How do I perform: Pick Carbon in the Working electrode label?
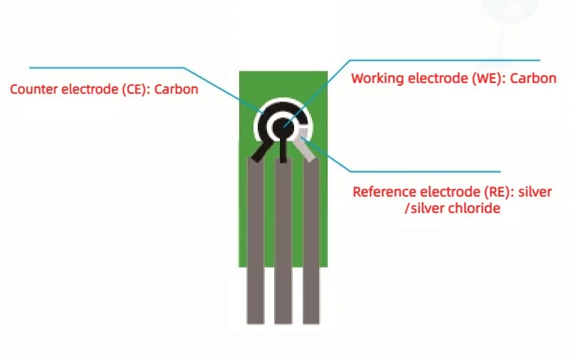pyautogui.click(x=535, y=79)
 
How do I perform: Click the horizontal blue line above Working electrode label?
pyautogui.click(x=443, y=59)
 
